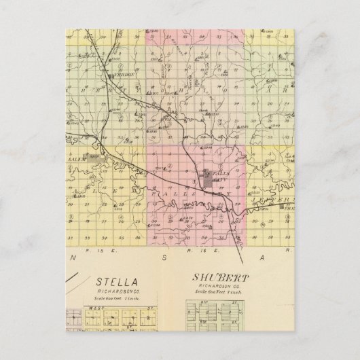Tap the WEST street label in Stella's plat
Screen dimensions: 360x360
coord(92,308)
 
